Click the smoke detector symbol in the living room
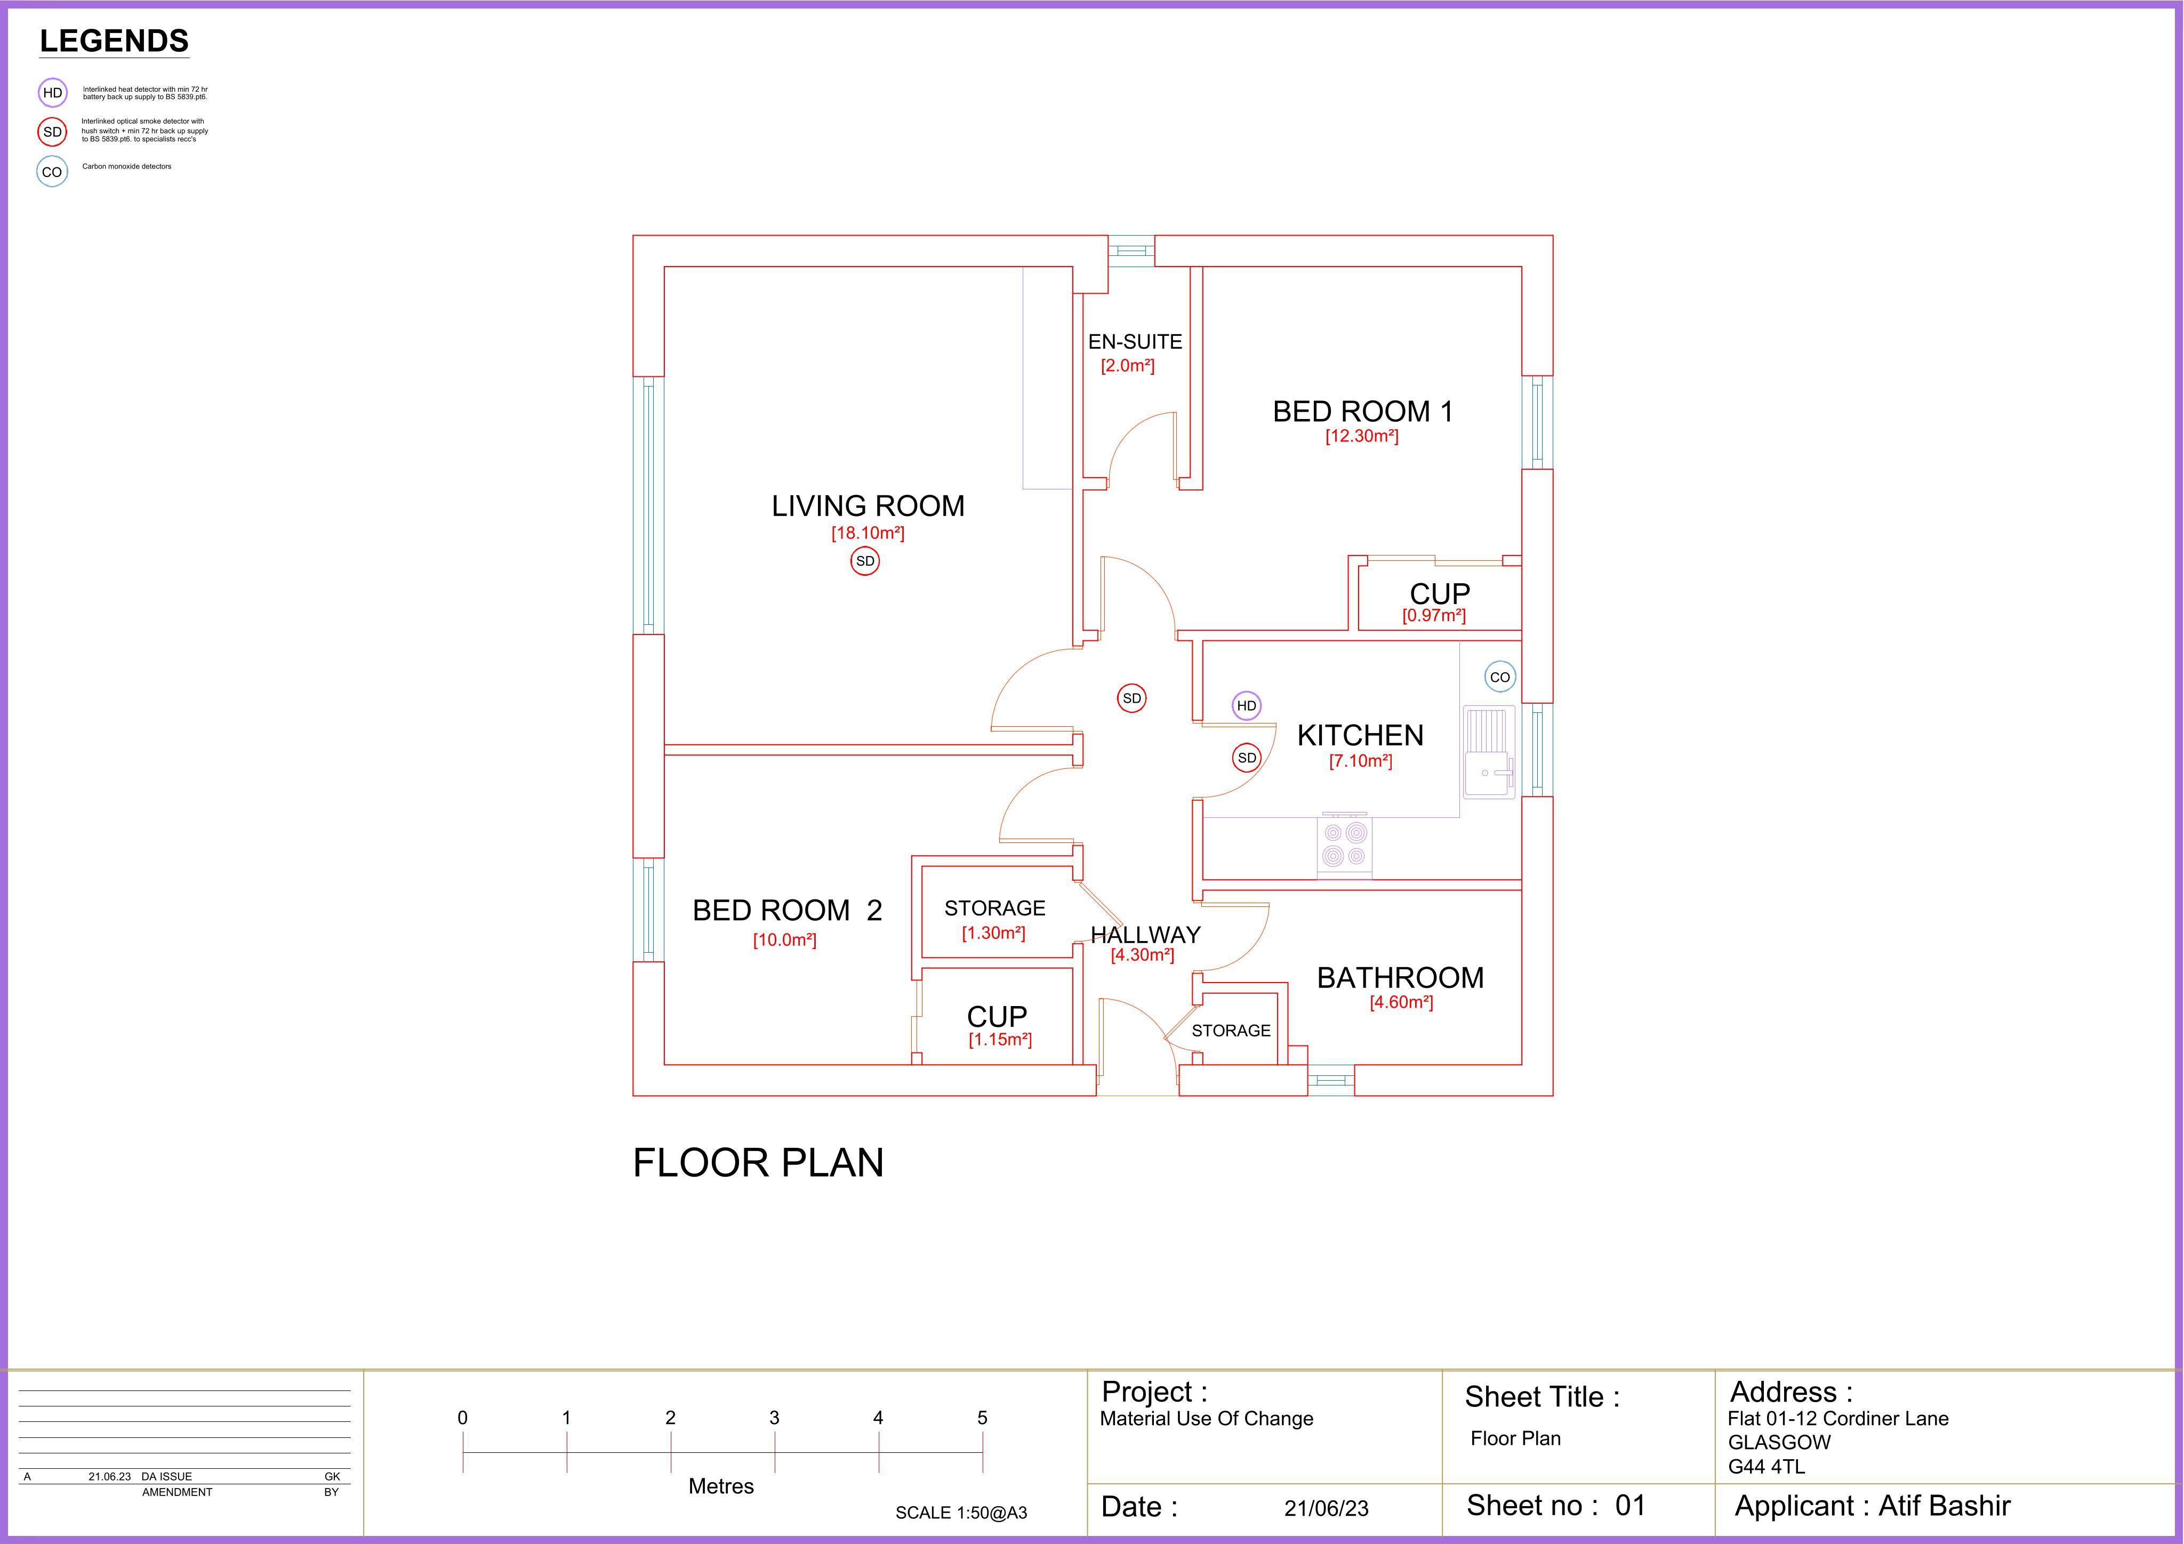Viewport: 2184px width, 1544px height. [865, 561]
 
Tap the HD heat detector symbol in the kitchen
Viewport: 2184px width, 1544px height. [1246, 706]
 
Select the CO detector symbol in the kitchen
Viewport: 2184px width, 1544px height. [1500, 677]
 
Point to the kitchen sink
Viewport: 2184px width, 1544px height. [1489, 752]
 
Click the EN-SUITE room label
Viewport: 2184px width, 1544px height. [1135, 342]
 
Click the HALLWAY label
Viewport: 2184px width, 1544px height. [1145, 935]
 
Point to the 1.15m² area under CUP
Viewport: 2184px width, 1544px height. [1000, 1040]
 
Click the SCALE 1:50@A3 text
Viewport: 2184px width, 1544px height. [961, 1513]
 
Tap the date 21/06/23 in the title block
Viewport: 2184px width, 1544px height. [1326, 1508]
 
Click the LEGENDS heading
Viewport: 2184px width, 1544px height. [114, 41]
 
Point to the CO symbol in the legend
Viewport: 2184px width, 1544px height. [52, 172]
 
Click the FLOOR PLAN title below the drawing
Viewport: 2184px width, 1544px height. [758, 1162]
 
